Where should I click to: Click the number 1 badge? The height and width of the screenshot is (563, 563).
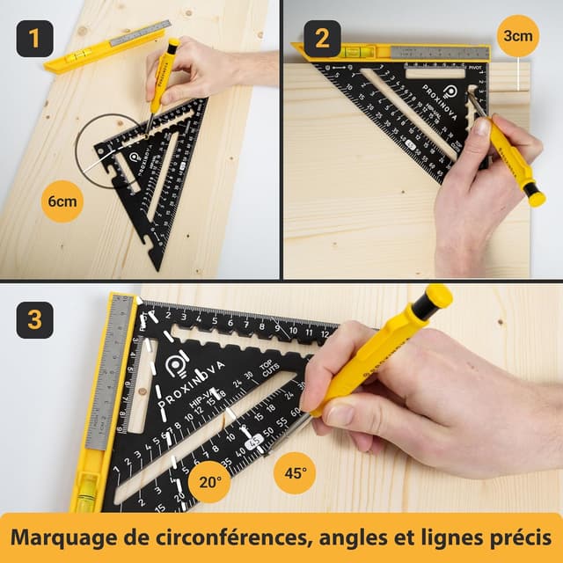34,39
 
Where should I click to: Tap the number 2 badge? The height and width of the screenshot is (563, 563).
322,39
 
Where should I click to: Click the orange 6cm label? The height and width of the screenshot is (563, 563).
62,201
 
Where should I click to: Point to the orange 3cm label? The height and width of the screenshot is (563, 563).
517,36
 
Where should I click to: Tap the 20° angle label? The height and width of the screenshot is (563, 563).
210,481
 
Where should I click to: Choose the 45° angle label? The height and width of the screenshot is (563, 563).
295,472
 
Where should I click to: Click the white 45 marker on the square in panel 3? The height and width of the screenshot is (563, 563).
253,442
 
